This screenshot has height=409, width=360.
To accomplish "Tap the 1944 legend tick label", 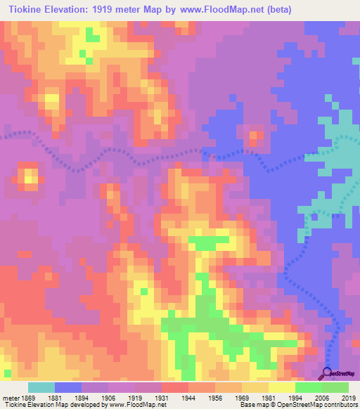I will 188,398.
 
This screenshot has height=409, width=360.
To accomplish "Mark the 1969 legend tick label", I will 241,398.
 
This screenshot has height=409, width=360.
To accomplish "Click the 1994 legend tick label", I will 295,398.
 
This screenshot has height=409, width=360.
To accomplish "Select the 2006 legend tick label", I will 321,398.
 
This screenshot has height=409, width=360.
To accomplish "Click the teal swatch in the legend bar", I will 41,387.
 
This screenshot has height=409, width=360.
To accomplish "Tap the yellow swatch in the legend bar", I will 281,387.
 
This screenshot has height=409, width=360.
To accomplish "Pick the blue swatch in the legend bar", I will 68,387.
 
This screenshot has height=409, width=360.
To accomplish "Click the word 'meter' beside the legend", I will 11,398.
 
